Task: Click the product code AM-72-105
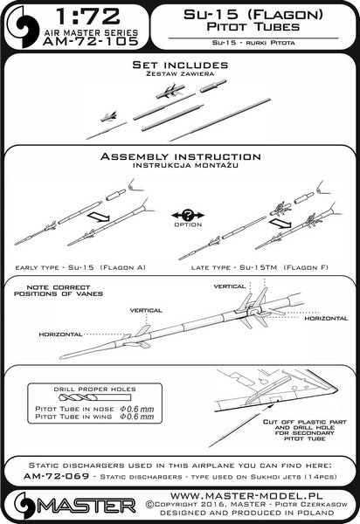coord(90,41)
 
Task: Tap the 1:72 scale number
coord(88,17)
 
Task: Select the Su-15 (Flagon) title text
coord(253,15)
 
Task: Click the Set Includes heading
coord(181,65)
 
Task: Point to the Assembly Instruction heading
coord(181,156)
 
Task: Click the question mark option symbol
coord(188,215)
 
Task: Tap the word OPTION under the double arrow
coord(188,225)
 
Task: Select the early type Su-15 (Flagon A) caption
coord(80,267)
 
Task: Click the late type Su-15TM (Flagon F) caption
coord(260,268)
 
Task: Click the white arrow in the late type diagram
coord(281,223)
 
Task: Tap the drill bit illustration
coord(94,397)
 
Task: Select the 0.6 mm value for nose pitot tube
coord(137,409)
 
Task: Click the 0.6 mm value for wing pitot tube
coord(137,417)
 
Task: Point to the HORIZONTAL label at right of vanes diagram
coord(326,319)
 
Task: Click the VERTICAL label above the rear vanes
coord(230,286)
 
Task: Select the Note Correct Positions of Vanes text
coord(59,291)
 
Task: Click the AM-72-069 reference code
coord(57,476)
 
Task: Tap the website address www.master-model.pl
coord(246,495)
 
